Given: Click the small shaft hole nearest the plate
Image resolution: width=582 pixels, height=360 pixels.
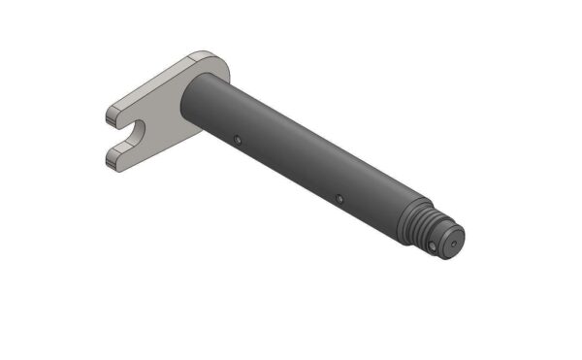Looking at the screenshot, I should click(237, 138).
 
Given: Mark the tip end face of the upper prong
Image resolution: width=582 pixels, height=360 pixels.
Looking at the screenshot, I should click(110, 117).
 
